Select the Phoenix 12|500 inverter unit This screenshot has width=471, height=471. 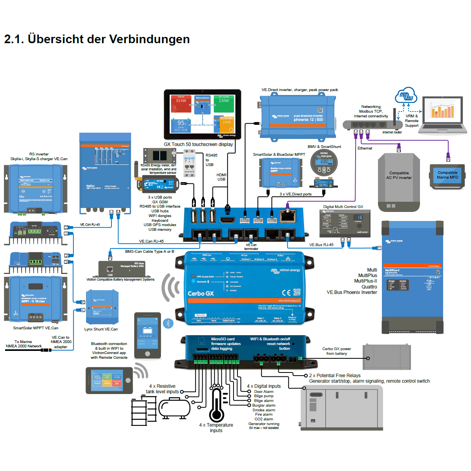point(298,117)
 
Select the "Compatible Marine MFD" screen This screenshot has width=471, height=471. point(447,176)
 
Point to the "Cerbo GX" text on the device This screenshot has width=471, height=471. point(201,294)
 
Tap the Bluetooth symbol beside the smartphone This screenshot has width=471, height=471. point(168,323)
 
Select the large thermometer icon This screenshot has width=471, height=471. point(216,406)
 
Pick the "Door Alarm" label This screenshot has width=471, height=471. point(264,392)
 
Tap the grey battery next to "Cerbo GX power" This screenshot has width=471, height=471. point(387,357)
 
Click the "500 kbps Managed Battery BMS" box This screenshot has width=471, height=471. point(121,269)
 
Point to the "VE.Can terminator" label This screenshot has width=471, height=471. point(251,247)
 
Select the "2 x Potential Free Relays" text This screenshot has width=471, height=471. point(334,376)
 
